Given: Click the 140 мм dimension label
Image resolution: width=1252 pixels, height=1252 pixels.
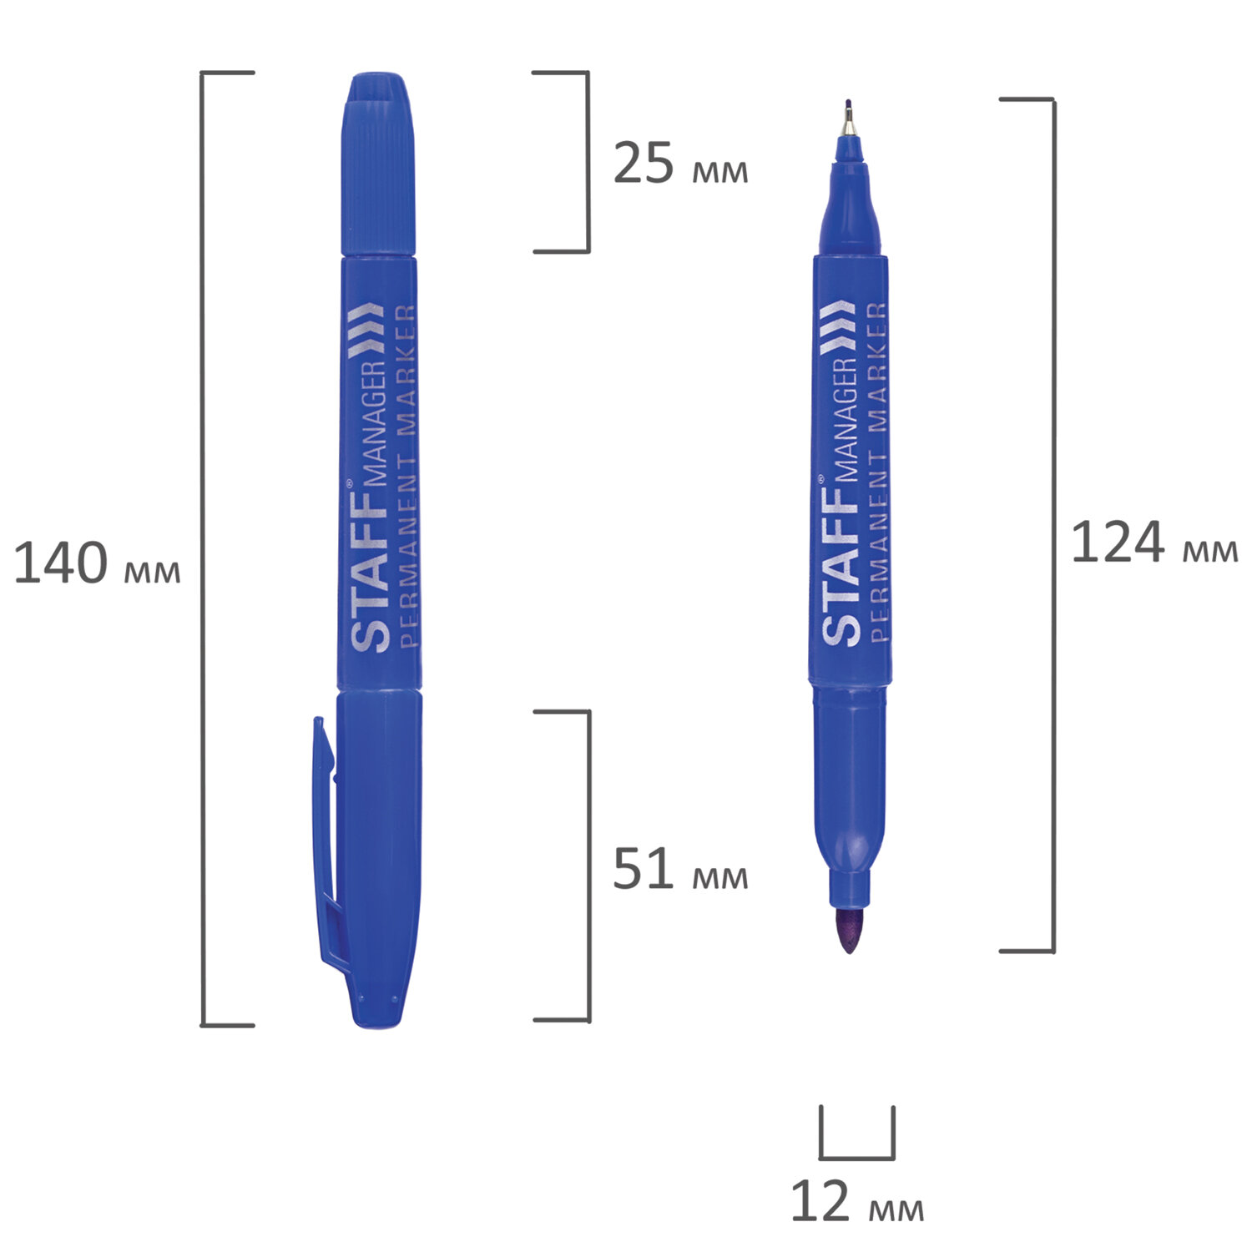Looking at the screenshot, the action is tap(97, 563).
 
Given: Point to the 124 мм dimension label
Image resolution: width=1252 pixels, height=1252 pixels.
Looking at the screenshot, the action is tap(1154, 543).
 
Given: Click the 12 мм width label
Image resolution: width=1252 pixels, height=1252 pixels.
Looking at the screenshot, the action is tap(857, 1202).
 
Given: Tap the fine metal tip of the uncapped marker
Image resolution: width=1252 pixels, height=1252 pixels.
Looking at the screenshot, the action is tap(849, 118).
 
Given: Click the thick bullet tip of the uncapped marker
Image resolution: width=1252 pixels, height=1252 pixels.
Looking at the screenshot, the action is tap(849, 931).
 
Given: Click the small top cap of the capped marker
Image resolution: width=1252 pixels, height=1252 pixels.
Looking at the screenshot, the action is tap(379, 164).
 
